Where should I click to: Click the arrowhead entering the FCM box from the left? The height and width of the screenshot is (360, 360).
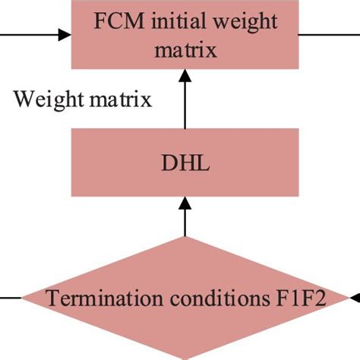[64, 33]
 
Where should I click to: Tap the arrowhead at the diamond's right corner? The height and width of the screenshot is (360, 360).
[352, 298]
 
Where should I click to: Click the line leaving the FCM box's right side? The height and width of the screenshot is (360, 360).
[327, 33]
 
